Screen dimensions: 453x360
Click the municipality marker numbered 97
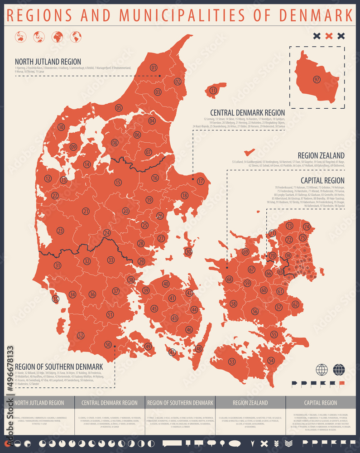[x=317, y=80]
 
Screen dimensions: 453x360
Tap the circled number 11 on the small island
[x=213, y=91]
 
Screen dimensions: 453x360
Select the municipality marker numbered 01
[x=154, y=67]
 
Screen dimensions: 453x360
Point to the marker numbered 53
[x=232, y=361]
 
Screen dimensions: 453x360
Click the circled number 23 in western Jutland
[x=60, y=231]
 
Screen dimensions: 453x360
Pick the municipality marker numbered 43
[x=174, y=318]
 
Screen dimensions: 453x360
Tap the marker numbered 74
[x=307, y=226]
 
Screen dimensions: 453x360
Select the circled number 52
[x=81, y=336]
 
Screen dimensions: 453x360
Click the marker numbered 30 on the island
[x=188, y=251]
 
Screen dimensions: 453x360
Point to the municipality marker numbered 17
[x=201, y=181]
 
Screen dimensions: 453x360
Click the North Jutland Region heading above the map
[x=48, y=62]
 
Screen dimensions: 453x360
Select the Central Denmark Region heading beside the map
[x=247, y=112]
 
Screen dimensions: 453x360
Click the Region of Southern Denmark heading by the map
[x=59, y=366]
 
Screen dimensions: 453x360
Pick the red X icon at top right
[x=329, y=36]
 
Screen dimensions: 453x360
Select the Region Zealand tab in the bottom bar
[x=250, y=402]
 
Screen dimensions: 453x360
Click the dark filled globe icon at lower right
[x=339, y=370]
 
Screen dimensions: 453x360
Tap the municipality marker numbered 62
[x=295, y=304]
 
